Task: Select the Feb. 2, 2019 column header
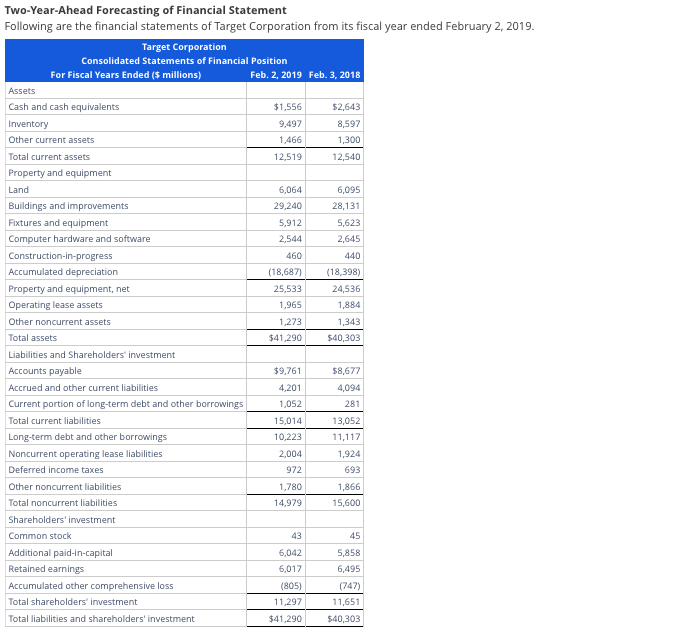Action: pyautogui.click(x=276, y=75)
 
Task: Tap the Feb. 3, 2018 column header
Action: pyautogui.click(x=335, y=75)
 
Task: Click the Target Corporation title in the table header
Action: pyautogui.click(x=184, y=47)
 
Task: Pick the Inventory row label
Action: pyautogui.click(x=28, y=124)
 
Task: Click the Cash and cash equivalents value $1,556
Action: pyautogui.click(x=287, y=107)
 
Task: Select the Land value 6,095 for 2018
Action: pyautogui.click(x=346, y=190)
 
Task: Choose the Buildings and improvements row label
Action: pyautogui.click(x=68, y=206)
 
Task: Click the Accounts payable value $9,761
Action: pyautogui.click(x=287, y=371)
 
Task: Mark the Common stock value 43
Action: pyautogui.click(x=295, y=536)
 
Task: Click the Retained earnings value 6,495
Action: pyautogui.click(x=346, y=569)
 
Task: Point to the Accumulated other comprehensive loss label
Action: pyautogui.click(x=91, y=586)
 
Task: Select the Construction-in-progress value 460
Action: pyautogui.click(x=293, y=256)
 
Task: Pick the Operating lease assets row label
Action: pyautogui.click(x=55, y=305)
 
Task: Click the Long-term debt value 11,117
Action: pyautogui.click(x=344, y=437)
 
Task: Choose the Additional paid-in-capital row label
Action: pyautogui.click(x=60, y=553)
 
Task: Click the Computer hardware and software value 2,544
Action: pyautogui.click(x=289, y=239)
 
